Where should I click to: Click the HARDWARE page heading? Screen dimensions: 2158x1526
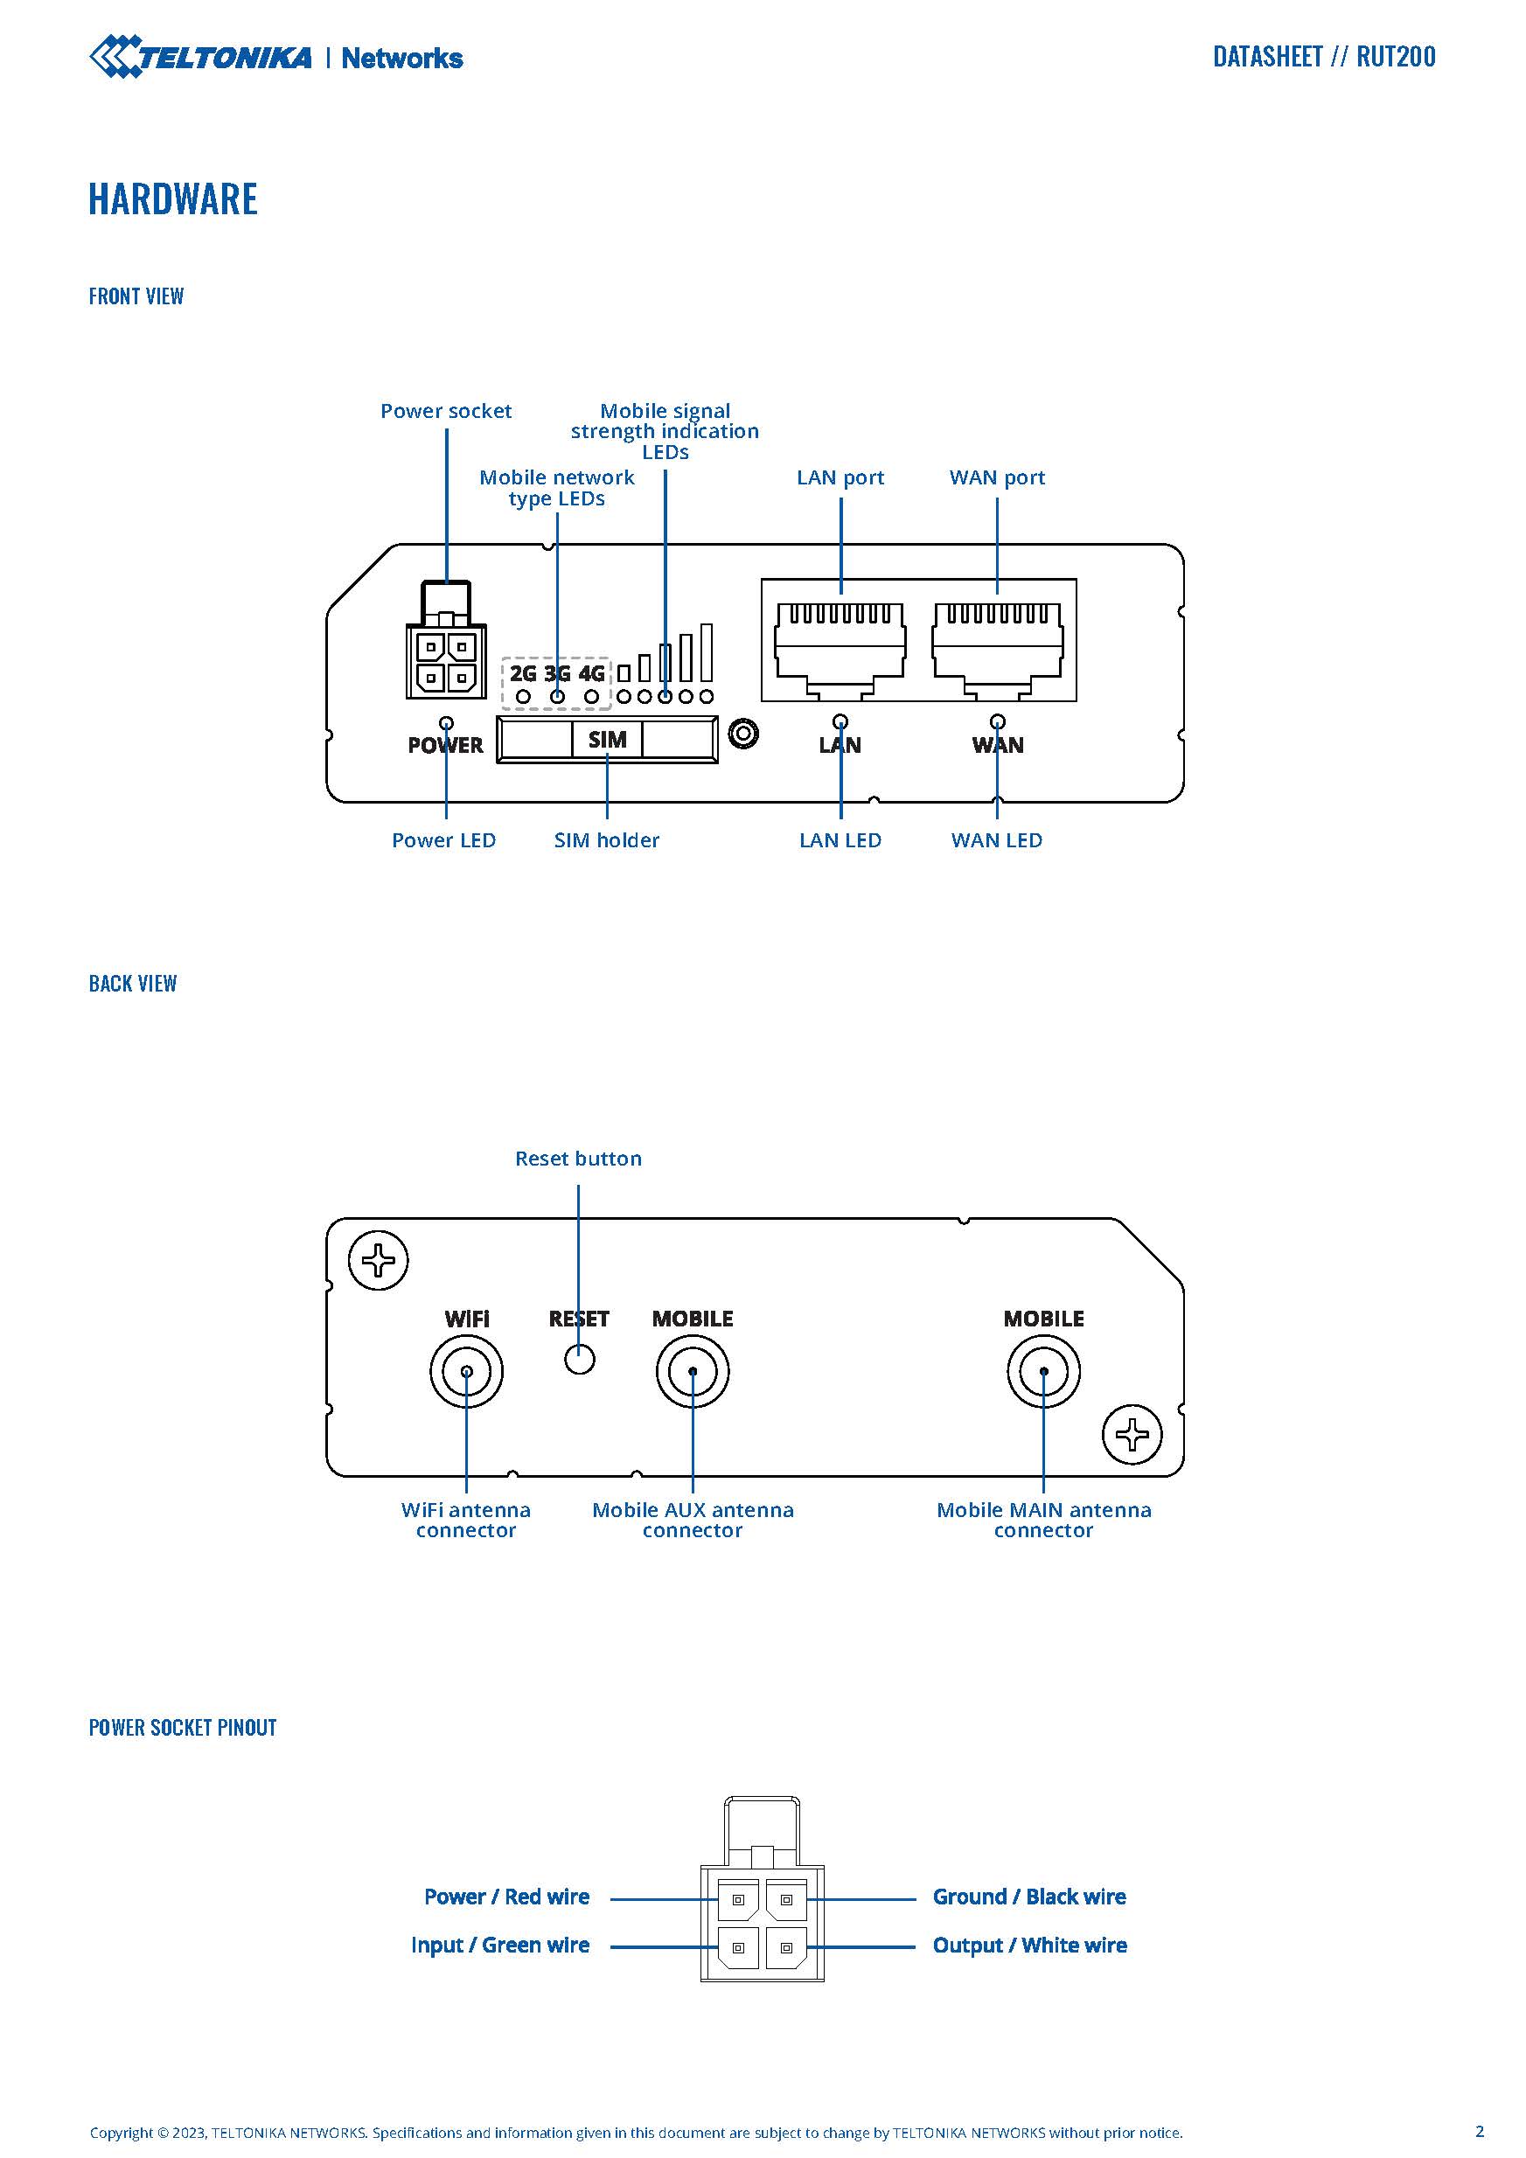click(173, 199)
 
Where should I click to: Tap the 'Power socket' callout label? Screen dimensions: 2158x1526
click(446, 411)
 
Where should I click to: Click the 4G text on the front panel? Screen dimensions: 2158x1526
click(591, 673)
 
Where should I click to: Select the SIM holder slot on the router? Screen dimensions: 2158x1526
click(606, 740)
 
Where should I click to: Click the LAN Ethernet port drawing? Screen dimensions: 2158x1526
click(840, 644)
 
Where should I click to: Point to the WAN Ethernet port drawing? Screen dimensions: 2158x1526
click(998, 644)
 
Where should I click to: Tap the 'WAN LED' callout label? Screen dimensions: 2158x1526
click(997, 840)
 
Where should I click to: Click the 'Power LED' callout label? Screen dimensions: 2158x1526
click(443, 840)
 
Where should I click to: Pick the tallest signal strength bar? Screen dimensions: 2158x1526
click(706, 652)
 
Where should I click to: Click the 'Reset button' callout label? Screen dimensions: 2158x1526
click(578, 1158)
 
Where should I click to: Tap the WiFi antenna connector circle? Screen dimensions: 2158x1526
click(466, 1371)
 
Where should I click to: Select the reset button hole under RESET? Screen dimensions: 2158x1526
click(580, 1358)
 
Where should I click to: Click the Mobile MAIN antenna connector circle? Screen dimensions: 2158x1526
click(1043, 1371)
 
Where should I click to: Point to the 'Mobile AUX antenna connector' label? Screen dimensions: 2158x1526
click(693, 1520)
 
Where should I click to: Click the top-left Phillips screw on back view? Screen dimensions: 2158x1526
click(378, 1260)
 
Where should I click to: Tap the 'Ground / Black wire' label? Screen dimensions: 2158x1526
click(1028, 1897)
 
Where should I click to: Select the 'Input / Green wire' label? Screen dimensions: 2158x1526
click(500, 1945)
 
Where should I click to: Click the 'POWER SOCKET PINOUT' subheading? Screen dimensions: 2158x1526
click(183, 1728)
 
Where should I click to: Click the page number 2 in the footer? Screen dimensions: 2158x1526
click(1479, 2131)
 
